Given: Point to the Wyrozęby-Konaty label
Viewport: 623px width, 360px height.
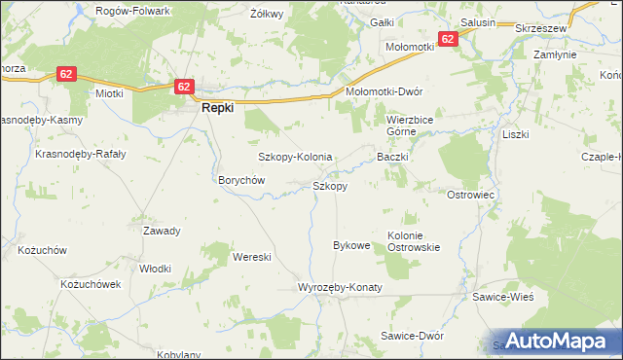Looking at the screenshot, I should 340,288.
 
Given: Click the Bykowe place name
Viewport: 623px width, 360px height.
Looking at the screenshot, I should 351,245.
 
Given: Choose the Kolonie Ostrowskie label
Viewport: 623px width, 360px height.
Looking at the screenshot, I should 415,240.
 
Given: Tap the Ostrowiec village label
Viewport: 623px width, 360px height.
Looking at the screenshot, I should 471,195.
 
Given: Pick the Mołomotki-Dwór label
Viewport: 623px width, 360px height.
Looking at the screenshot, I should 385,91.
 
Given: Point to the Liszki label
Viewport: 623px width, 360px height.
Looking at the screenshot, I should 515,134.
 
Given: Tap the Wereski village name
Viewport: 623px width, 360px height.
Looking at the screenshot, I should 251,257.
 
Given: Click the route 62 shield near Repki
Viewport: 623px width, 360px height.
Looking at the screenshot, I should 185,87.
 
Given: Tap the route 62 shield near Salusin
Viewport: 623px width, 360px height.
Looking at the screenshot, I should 448,39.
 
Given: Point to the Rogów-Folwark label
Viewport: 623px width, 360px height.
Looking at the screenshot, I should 133,11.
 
